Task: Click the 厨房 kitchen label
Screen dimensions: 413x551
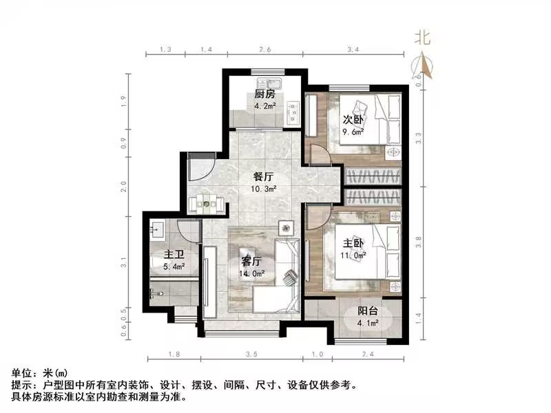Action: point(265,94)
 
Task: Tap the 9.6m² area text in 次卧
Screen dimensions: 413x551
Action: point(354,133)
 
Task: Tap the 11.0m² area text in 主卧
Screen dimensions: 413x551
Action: point(354,255)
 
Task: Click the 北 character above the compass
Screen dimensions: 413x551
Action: point(422,39)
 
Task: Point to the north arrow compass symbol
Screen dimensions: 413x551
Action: point(423,67)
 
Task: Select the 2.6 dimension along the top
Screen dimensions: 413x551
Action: point(264,50)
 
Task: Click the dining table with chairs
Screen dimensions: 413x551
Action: point(207,202)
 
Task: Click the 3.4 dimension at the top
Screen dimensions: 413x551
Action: point(354,50)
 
